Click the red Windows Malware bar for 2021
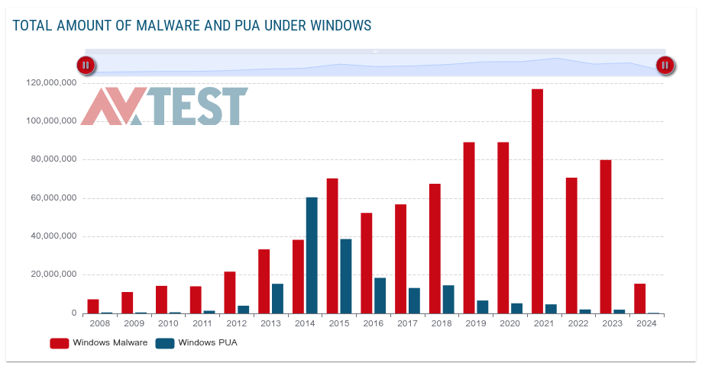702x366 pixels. click(x=537, y=201)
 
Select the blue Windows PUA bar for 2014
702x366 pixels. click(x=312, y=255)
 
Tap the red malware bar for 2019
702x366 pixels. click(x=469, y=228)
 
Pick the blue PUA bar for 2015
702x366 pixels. click(x=346, y=276)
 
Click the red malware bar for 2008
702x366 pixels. click(x=93, y=307)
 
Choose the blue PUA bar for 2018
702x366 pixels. click(x=448, y=300)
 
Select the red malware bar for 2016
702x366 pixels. click(x=367, y=263)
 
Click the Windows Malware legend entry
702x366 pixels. click(x=99, y=343)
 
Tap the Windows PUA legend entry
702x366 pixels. click(x=196, y=343)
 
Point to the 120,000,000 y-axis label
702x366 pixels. click(x=50, y=82)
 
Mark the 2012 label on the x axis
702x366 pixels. click(x=236, y=324)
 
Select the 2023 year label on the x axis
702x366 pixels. click(x=611, y=324)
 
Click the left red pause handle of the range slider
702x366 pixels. click(x=86, y=66)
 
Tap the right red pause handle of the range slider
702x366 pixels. click(x=665, y=66)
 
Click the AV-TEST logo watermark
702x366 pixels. click(x=164, y=107)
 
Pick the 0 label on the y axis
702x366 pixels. click(x=73, y=313)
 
